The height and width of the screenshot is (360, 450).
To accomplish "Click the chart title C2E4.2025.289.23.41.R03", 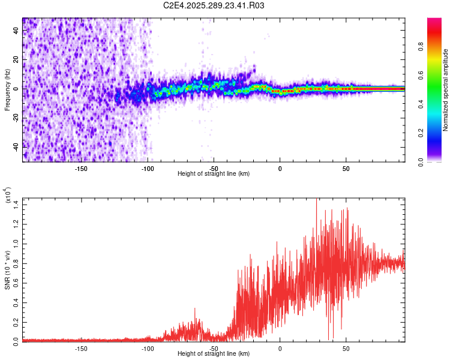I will tap(214, 6).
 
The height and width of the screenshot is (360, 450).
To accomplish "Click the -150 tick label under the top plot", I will tap(81, 169).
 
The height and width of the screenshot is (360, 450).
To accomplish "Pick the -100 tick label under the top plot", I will tap(148, 169).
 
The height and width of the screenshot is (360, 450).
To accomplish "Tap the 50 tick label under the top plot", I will tap(346, 169).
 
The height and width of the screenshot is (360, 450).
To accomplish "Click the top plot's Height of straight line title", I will tap(214, 174).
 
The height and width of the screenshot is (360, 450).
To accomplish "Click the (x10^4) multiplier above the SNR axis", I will tap(8, 196).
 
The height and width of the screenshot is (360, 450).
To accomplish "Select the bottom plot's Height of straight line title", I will tap(214, 353).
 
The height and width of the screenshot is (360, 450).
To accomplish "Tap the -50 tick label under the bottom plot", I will tap(214, 347).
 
